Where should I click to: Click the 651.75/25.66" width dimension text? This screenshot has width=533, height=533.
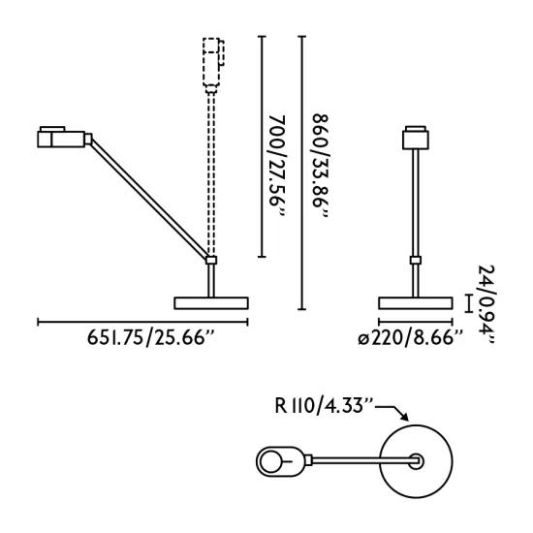click(150, 338)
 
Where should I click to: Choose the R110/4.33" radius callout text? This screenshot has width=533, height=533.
click(323, 406)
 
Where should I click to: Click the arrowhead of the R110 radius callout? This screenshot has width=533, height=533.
click(407, 419)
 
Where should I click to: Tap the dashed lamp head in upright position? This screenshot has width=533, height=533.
click(211, 62)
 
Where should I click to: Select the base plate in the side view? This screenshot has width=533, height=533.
click(210, 302)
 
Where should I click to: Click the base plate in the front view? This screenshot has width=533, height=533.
click(416, 302)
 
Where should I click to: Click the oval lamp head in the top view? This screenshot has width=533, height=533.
click(280, 461)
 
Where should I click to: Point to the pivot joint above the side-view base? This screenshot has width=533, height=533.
click(210, 259)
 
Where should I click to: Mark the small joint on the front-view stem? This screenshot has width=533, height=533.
click(416, 259)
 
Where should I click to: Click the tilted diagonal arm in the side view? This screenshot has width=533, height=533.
click(150, 199)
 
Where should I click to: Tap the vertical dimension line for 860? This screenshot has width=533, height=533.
click(302, 174)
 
